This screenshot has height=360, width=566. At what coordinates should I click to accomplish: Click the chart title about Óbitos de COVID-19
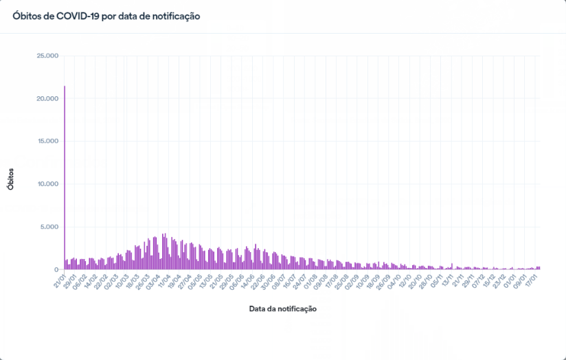point(106,16)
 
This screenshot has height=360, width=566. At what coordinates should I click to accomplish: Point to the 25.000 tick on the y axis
point(46,56)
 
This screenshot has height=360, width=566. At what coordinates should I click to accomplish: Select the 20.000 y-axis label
point(46,99)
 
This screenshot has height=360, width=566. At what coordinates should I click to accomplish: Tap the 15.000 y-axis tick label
point(46,142)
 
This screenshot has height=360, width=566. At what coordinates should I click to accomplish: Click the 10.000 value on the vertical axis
point(46,184)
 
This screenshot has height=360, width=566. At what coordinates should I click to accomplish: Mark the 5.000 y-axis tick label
point(49,227)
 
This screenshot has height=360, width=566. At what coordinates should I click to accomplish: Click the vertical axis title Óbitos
point(11,177)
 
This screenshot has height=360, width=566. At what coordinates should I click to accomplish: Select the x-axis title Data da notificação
point(282,309)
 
